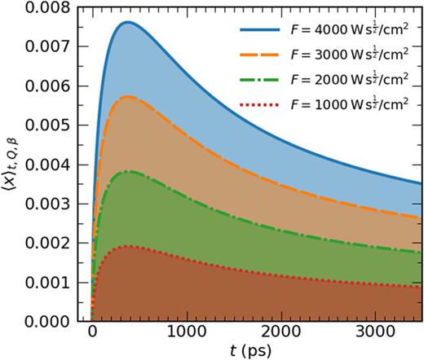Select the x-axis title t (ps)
(251, 352)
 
